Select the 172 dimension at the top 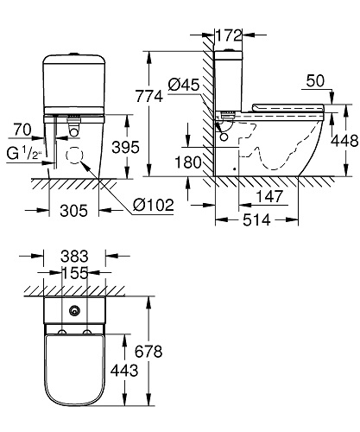pyautogui.click(x=228, y=37)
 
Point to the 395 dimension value pyautogui.click(x=128, y=149)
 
